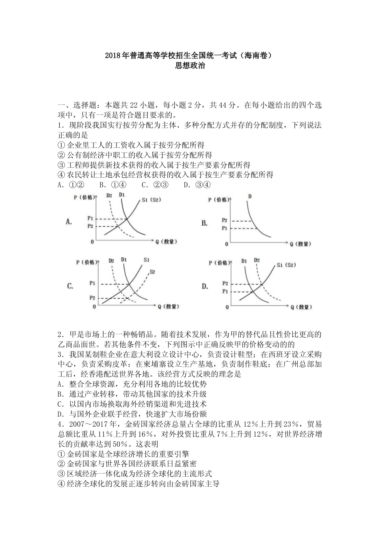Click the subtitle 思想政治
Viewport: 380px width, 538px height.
click(x=190, y=66)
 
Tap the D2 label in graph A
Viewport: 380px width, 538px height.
click(x=109, y=195)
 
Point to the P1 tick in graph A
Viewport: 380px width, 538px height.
click(x=90, y=219)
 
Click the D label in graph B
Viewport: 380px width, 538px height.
click(x=250, y=196)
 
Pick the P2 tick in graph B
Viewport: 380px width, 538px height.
click(x=224, y=221)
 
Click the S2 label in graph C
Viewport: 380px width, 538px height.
click(x=152, y=272)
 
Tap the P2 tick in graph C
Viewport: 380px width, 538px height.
click(x=92, y=298)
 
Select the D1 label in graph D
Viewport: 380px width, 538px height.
click(x=244, y=261)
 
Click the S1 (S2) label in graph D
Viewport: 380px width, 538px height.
click(x=286, y=265)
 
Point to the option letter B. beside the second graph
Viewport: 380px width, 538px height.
click(x=204, y=223)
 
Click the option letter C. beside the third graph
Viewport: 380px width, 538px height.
click(x=70, y=286)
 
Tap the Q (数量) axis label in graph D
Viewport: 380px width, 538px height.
click(x=300, y=307)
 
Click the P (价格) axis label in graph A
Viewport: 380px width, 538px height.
click(x=85, y=197)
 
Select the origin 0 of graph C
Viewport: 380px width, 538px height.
click(x=94, y=307)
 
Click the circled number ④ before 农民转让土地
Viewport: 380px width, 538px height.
click(x=61, y=175)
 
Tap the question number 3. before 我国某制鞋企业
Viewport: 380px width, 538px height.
click(x=61, y=354)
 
